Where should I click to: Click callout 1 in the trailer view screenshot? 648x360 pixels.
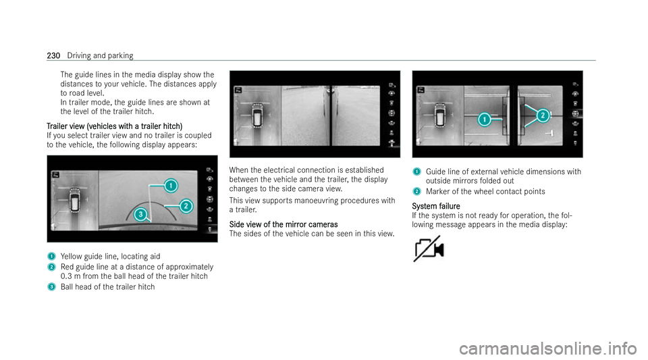(172, 184)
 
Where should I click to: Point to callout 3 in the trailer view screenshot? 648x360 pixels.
(140, 215)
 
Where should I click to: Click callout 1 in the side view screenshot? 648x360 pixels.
(483, 120)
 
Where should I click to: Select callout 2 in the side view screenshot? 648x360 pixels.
(542, 116)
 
